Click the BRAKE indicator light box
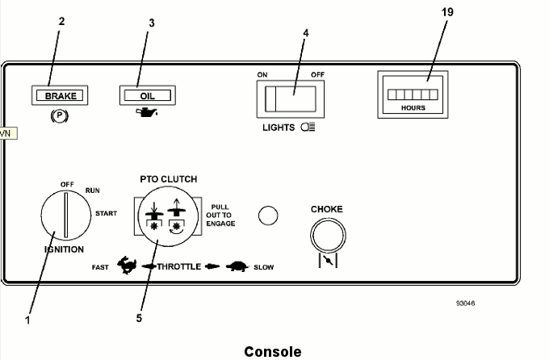(x=61, y=95)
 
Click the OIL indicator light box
(x=147, y=95)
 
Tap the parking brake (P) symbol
(x=60, y=115)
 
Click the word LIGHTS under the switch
(x=279, y=128)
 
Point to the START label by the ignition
(x=106, y=214)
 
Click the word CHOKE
(x=327, y=210)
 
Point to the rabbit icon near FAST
(x=126, y=266)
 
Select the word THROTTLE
(x=178, y=266)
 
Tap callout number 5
(x=140, y=317)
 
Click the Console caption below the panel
(x=273, y=351)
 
